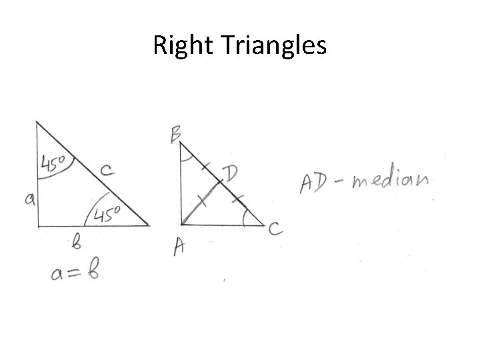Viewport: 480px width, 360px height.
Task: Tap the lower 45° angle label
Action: [x=106, y=213]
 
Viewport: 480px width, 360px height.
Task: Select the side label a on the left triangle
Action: [x=31, y=199]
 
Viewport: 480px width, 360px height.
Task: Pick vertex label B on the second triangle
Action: [x=176, y=135]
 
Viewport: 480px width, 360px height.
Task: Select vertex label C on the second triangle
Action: [x=275, y=230]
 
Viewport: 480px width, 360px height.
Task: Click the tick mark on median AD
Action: [x=203, y=201]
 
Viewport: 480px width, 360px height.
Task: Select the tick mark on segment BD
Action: [x=205, y=164]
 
